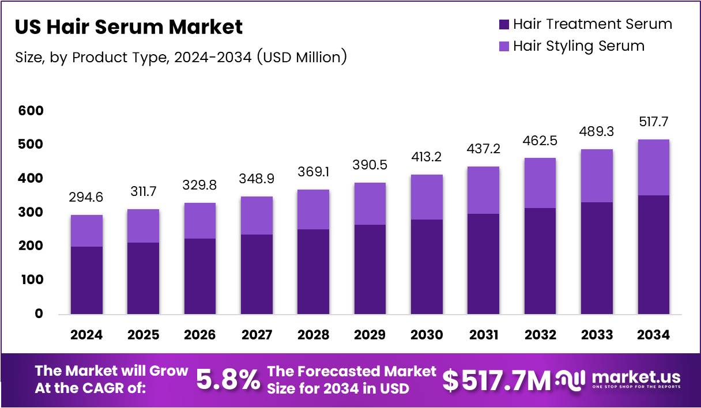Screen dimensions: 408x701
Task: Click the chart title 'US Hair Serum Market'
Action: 129,27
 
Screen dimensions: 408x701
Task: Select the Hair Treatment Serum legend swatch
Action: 504,25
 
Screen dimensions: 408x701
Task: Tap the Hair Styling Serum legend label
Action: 578,46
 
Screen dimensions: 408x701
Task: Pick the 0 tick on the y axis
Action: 39,313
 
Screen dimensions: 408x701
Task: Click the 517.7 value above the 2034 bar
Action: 653,123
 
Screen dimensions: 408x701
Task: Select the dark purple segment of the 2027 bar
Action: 257,274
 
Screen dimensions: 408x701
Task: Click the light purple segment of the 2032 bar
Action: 540,183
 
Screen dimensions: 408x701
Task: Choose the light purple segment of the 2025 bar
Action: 143,226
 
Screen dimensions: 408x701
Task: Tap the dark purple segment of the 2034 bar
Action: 653,254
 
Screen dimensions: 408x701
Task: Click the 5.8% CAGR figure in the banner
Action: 228,380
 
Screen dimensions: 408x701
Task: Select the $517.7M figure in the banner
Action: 496,380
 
